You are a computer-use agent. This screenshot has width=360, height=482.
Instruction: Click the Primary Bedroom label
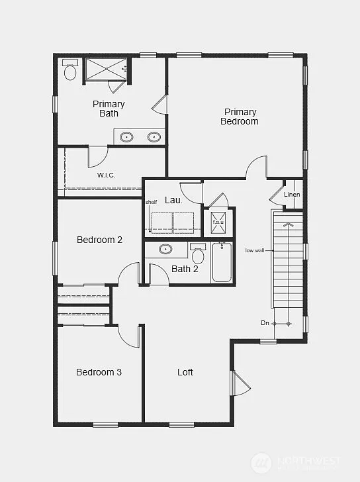coord(239,117)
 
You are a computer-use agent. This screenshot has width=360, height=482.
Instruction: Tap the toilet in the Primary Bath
coord(70,71)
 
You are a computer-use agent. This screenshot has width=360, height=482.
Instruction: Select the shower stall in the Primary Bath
coord(106,69)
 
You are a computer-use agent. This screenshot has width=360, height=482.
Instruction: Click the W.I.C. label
coord(107,175)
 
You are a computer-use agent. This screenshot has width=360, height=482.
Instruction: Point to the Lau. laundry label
coord(173,199)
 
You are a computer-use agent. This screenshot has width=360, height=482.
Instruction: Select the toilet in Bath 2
coord(198,254)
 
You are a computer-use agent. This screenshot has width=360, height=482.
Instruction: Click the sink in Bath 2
coord(166,250)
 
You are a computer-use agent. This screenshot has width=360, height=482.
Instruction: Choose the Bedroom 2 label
coord(99,240)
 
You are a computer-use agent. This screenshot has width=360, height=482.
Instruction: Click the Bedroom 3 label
coord(99,372)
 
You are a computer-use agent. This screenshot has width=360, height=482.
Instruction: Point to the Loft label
coord(185,372)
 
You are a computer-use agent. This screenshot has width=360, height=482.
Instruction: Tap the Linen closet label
coord(292,195)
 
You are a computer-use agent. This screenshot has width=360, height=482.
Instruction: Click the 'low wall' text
coord(255,250)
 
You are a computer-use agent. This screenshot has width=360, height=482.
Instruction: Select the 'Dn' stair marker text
coord(265,323)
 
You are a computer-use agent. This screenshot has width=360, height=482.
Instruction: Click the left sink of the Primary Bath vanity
coord(127,137)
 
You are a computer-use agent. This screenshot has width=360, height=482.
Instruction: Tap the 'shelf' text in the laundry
coord(152,202)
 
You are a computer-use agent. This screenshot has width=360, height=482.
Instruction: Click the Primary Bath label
coord(109,109)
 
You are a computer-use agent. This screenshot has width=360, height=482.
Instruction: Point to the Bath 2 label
coord(185,269)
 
